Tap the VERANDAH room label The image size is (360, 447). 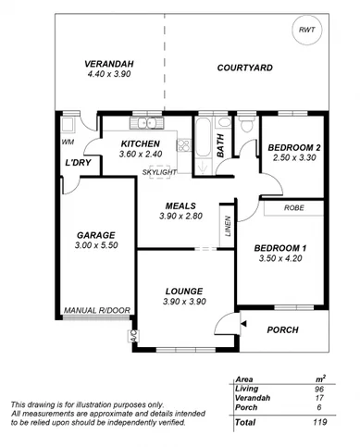point(109,62)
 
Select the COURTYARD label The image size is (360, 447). point(244,68)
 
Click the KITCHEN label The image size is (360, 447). point(141,144)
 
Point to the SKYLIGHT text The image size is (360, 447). point(160,172)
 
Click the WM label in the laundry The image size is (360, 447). point(67,143)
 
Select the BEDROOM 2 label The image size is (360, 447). point(293,147)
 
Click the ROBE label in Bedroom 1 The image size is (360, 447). point(294,208)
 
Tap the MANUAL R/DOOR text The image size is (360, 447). point(93,311)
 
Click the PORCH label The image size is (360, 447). point(283,329)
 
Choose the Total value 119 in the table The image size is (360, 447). point(318,421)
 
